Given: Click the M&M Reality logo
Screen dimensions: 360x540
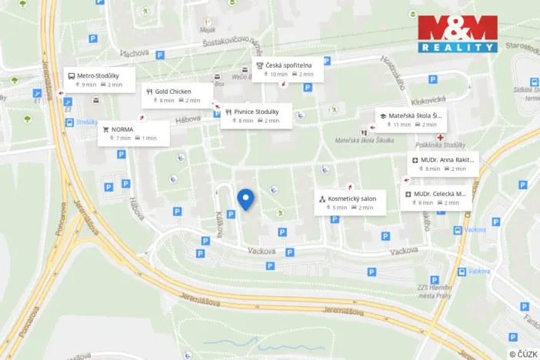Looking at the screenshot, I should pos(458,34).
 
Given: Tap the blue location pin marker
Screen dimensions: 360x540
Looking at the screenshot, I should pos(245,198).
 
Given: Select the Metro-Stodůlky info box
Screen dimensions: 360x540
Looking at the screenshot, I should pos(100,80).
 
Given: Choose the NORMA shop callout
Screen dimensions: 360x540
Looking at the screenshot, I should pos(132,133).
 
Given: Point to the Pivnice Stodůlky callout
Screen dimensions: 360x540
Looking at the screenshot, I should pos(257,116).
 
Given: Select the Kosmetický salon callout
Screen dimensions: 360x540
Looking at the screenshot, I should pos(351,202).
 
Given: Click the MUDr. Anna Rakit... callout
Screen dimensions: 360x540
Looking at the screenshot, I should pos(444,164).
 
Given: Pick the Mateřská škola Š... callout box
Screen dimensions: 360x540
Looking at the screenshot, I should pos(412,119).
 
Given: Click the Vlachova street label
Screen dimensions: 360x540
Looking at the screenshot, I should pos(134,52).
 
